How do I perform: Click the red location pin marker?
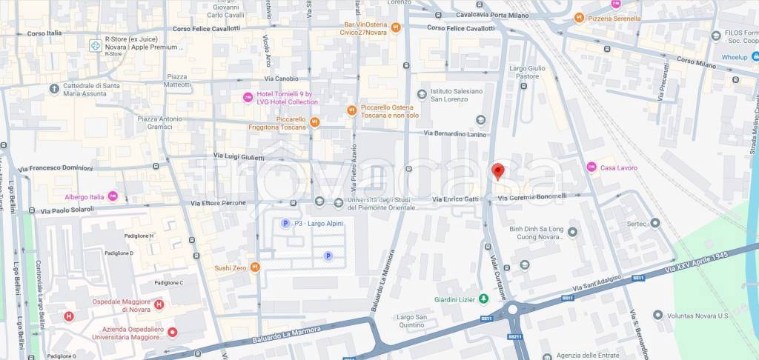tap(498, 171)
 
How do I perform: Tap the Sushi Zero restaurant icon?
tap(254, 267)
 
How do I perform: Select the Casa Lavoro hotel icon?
tap(591, 167)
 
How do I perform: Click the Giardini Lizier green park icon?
tap(483, 299)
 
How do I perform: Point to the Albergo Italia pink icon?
tap(113, 196)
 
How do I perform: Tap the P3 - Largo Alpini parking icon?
tap(285, 223)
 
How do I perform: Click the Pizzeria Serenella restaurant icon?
tap(578, 18)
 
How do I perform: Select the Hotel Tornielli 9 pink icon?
tap(248, 97)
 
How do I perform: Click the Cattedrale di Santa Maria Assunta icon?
tap(54, 89)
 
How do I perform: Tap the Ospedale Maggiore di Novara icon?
tap(159, 304)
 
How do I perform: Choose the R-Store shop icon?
tap(96, 46)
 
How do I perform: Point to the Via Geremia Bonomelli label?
tap(532, 197)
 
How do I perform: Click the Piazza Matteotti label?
tap(178, 81)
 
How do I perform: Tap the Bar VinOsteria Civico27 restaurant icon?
tap(396, 28)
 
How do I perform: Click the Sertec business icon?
tap(654, 223)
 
